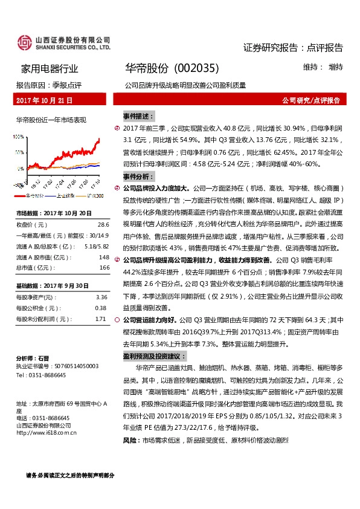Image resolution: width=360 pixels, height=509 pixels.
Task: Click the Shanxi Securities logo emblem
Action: [x=25, y=43]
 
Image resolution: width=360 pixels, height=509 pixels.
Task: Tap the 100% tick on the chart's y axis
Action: [x=20, y=137]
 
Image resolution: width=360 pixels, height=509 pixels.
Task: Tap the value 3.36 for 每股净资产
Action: [x=101, y=297]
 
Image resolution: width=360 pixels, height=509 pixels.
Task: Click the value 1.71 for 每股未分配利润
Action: [x=101, y=319]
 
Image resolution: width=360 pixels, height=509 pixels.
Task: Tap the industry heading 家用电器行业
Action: [x=50, y=68]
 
